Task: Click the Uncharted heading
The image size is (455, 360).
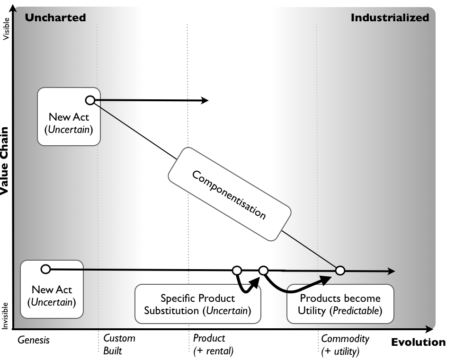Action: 55,18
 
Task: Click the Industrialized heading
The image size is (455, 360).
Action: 390,18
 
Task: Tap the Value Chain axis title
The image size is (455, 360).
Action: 5,161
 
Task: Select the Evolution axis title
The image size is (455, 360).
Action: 418,342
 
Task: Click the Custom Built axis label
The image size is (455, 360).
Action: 119,344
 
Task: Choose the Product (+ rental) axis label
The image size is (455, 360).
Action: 213,344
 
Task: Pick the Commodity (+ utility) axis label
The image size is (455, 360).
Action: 345,344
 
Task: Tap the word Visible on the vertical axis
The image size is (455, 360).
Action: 6,29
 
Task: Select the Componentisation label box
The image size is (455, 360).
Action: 229,194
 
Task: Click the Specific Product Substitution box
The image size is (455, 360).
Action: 197,304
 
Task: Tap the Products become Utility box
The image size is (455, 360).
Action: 340,304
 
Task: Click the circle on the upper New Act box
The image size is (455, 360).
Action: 90,100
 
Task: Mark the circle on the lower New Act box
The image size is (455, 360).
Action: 45,269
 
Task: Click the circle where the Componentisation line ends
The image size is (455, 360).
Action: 339,271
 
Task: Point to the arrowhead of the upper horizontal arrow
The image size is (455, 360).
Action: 205,100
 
